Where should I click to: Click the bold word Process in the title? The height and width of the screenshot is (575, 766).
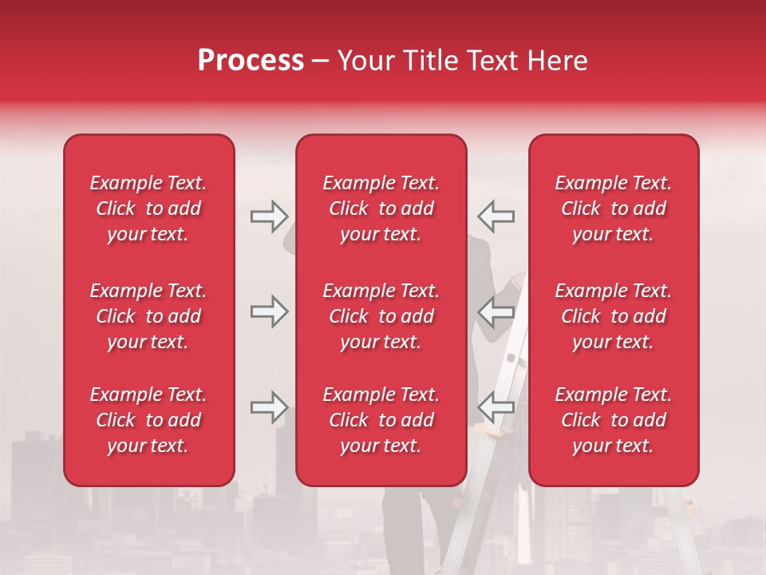[251, 61]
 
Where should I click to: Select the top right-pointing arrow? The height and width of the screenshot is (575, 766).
[269, 216]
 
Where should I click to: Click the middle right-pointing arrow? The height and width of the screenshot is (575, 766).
[269, 311]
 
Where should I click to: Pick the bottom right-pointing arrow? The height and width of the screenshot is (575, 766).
[269, 407]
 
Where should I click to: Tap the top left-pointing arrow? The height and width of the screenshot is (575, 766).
[496, 216]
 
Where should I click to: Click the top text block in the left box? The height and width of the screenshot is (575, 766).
[148, 208]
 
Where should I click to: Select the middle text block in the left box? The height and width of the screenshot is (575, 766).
[148, 316]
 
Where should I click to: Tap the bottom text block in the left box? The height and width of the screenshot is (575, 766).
[148, 420]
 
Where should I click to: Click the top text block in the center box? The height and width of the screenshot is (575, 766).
[381, 208]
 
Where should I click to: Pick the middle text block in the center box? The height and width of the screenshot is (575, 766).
[381, 316]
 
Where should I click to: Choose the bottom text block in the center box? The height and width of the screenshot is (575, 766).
[381, 420]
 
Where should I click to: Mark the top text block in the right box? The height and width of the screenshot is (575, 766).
[613, 208]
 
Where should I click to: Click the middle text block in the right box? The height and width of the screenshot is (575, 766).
[613, 316]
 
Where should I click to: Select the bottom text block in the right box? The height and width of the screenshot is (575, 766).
[613, 420]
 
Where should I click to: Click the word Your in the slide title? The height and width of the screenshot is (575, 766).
[364, 61]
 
